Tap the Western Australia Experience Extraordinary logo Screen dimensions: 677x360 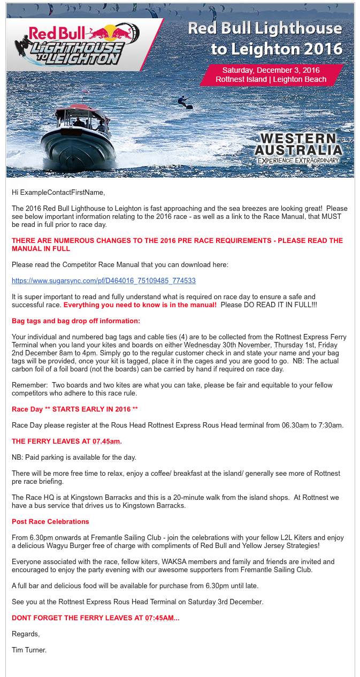point(298,147)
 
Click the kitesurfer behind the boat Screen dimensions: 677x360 point(183,102)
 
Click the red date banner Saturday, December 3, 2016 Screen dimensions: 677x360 point(271,75)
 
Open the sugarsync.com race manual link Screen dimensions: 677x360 point(103,281)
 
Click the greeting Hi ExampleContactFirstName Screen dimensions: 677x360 point(58,193)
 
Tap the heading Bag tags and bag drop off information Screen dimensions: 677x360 point(76,321)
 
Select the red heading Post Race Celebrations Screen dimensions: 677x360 point(50,522)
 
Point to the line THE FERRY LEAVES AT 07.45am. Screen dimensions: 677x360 point(67,442)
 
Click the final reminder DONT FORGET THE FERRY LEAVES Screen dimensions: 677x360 point(95,618)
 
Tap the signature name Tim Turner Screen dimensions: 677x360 point(29,650)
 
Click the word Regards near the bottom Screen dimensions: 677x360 point(26,634)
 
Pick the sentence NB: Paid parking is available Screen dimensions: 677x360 point(74,458)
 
